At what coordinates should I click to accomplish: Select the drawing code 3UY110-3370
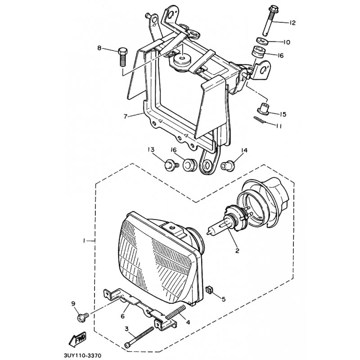[82, 355]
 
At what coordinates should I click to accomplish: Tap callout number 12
[292, 23]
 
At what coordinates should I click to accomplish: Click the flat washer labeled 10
[261, 41]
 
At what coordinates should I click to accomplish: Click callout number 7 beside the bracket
[126, 117]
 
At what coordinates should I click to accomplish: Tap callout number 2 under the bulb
[237, 250]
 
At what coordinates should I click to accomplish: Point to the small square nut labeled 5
[209, 290]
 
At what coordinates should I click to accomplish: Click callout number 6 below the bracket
[122, 316]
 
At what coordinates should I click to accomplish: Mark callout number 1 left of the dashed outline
[84, 241]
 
